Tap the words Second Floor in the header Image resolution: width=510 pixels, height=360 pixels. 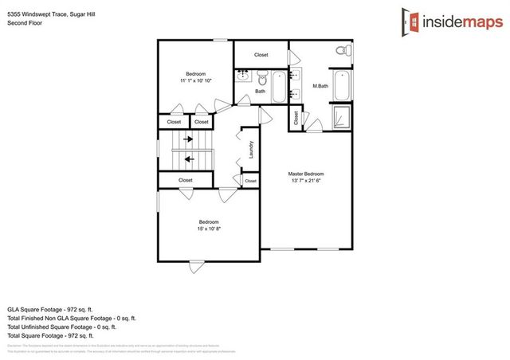(x=24, y=23)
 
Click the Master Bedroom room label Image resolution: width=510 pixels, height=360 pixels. (x=305, y=174)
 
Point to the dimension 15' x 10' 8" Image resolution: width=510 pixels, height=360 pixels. (x=208, y=229)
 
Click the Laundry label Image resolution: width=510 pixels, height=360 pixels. (x=251, y=149)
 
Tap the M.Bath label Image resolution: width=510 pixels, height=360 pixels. (x=321, y=85)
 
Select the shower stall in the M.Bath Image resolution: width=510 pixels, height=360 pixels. (x=341, y=116)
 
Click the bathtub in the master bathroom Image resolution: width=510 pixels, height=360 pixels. (x=341, y=85)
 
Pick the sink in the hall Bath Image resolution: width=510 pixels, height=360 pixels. (x=243, y=77)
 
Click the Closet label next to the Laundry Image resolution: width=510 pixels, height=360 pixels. (x=250, y=182)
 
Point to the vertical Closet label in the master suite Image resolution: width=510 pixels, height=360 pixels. (x=296, y=119)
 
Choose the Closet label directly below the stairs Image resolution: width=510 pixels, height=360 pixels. (x=186, y=181)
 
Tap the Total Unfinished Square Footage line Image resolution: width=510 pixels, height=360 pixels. (x=62, y=327)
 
